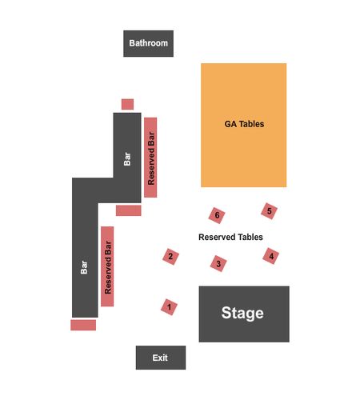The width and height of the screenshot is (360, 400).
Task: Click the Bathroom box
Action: click(148, 43)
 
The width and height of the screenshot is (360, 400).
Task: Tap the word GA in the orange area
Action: click(230, 124)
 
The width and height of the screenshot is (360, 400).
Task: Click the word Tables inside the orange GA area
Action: click(251, 124)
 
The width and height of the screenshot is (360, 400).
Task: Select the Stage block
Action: click(244, 314)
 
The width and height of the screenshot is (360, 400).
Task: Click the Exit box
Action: click(161, 358)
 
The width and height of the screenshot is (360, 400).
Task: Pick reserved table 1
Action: click(169, 307)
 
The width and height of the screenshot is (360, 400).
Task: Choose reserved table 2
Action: click(170, 257)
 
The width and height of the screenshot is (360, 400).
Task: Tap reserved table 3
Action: click(218, 263)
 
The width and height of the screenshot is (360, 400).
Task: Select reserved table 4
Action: click(271, 256)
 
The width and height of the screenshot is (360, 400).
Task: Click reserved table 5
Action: click(269, 211)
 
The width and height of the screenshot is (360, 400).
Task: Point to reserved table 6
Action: click(217, 215)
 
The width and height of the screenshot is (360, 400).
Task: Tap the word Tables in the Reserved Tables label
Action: click(250, 237)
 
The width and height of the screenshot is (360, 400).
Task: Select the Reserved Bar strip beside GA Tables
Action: click(150, 158)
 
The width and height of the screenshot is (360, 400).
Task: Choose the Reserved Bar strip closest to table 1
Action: click(107, 266)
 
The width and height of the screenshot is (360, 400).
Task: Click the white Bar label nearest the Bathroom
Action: click(127, 159)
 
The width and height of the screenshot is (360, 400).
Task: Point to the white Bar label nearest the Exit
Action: click(84, 267)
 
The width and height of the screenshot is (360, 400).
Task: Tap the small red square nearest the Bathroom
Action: click(127, 104)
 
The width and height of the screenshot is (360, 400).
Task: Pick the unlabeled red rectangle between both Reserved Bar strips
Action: click(129, 210)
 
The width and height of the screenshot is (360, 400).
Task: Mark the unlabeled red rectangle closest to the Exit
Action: click(83, 325)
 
